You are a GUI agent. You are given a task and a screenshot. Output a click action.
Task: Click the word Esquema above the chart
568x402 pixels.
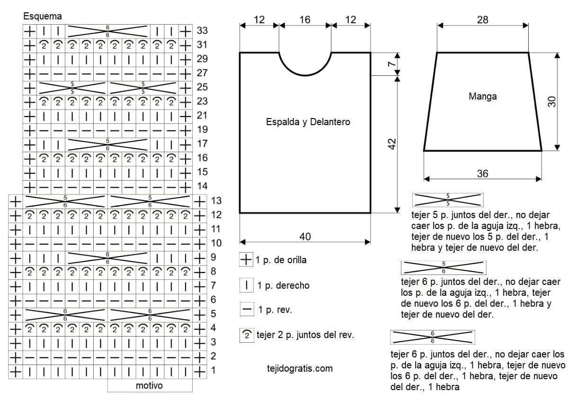42,16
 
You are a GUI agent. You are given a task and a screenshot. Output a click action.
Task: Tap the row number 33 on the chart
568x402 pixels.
202,31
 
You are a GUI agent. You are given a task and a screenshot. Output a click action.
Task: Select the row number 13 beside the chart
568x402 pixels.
216,201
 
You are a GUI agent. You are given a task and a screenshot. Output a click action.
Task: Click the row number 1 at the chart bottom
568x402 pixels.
213,370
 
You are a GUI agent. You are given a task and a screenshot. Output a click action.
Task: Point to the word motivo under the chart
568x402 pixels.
149,385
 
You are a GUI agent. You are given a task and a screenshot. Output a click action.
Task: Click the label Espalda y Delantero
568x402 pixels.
308,122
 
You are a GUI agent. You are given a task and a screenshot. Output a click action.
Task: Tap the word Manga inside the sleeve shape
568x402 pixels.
482,96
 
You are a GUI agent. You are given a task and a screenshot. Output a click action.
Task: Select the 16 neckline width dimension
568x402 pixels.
305,20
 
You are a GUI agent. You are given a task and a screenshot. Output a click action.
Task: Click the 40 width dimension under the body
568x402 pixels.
305,237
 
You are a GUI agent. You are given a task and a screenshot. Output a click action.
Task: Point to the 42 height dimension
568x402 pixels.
392,144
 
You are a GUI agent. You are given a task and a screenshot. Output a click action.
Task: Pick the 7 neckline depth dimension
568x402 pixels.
392,64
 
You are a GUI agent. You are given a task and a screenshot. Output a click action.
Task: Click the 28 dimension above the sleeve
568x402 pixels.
482,20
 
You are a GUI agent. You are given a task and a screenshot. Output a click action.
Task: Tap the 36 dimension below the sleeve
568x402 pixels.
482,174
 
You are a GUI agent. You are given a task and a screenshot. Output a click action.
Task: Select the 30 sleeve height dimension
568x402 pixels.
552,101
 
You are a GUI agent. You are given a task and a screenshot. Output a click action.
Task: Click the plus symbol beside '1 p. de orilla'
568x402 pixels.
246,259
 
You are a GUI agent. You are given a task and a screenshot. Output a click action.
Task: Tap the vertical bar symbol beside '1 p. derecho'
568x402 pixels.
247,285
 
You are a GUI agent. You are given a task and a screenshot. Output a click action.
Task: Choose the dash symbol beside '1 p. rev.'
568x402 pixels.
247,309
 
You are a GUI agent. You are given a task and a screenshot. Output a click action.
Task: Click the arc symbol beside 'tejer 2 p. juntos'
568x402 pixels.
247,335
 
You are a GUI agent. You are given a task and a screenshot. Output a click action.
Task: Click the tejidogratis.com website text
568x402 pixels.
300,368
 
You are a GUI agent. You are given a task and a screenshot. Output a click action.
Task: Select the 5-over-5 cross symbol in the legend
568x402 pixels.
448,200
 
